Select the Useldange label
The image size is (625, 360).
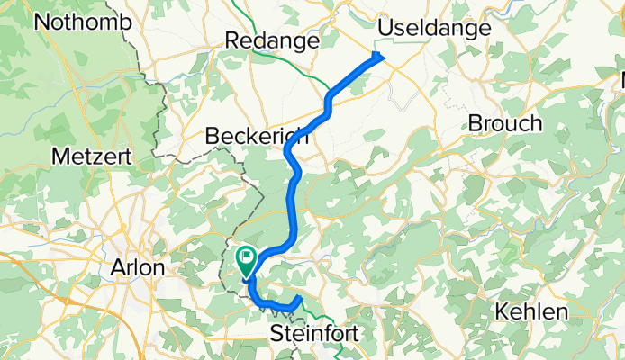[434, 28]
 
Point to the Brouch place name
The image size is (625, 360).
[504, 123]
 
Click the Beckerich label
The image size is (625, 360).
[257, 137]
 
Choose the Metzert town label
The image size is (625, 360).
[91, 156]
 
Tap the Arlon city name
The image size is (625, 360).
[136, 267]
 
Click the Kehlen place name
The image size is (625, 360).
[531, 311]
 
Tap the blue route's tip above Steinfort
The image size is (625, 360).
[299, 296]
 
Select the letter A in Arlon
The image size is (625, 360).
[115, 267]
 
